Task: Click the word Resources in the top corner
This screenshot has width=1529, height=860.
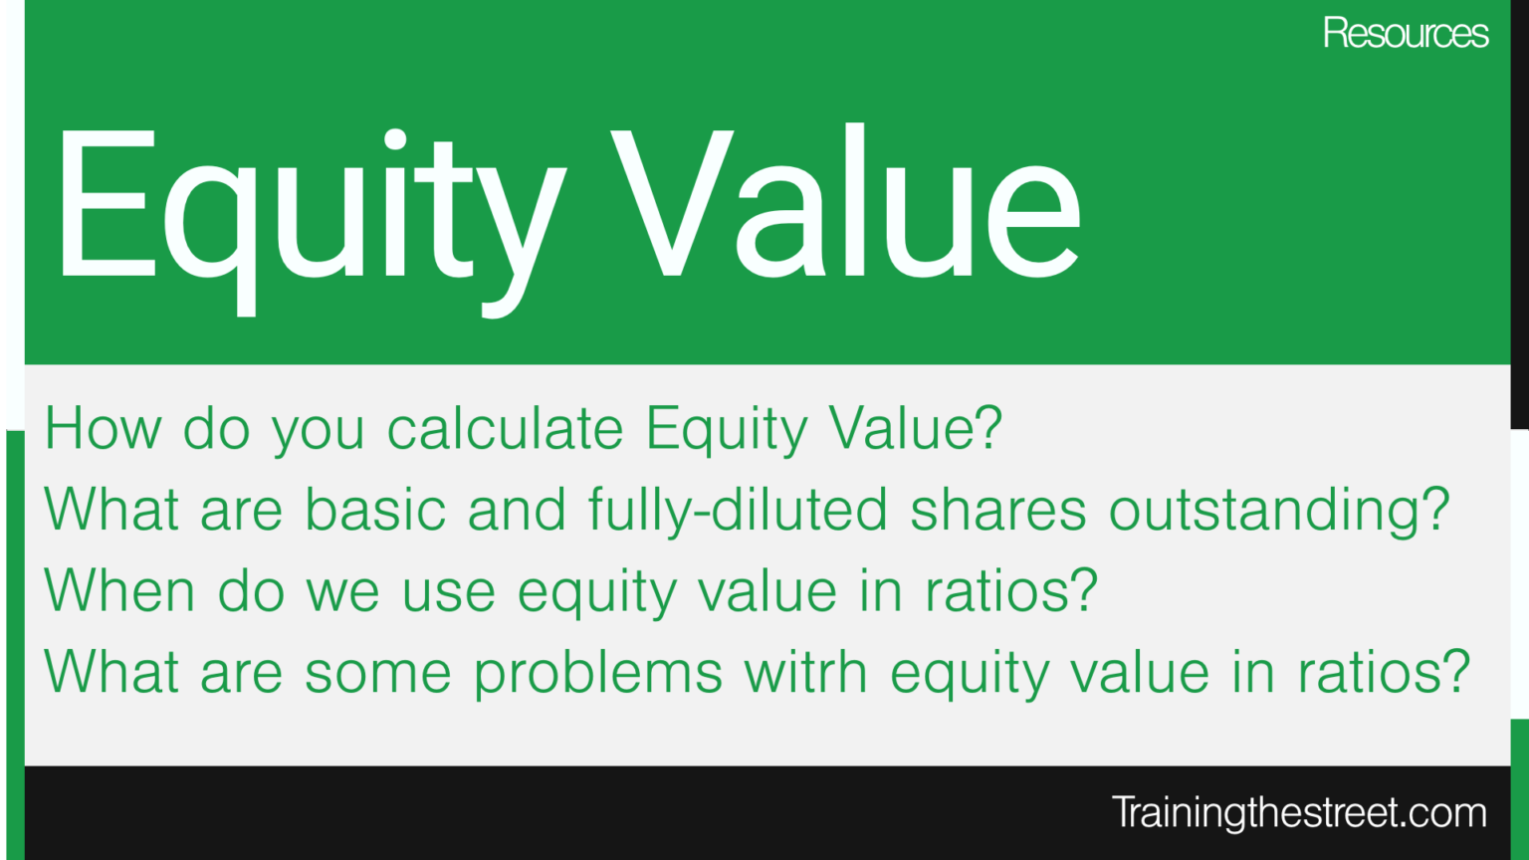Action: click(1405, 34)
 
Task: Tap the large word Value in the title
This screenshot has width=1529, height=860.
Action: click(846, 204)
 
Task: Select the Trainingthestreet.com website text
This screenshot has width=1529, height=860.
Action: click(1298, 812)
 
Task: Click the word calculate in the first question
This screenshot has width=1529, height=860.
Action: click(505, 429)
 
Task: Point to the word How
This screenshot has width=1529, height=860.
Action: click(103, 429)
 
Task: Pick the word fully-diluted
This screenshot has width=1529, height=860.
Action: click(737, 511)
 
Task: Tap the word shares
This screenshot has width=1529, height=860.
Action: click(997, 511)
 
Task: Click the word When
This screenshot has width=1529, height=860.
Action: click(119, 591)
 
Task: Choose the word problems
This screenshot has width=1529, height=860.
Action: click(597, 673)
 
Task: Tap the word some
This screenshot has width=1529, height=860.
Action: click(377, 673)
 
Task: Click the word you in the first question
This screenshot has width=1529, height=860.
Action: click(318, 429)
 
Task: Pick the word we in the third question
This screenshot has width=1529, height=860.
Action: click(342, 591)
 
